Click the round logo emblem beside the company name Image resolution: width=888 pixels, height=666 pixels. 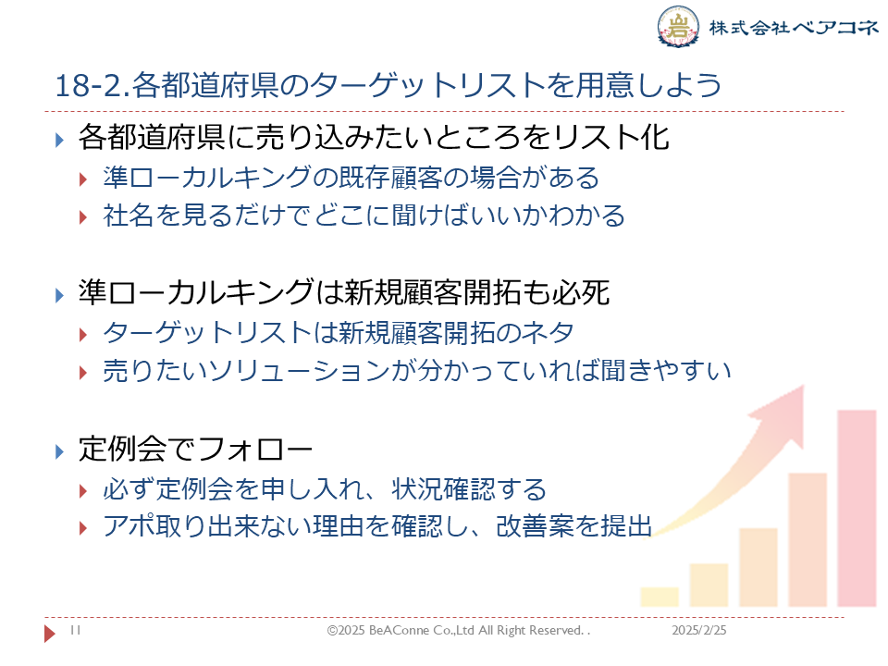678,26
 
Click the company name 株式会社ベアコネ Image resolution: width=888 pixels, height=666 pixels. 794,27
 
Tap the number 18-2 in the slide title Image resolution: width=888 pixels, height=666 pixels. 91,85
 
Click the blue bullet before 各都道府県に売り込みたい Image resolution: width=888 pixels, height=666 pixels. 59,140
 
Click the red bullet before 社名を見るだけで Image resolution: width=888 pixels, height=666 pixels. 83,216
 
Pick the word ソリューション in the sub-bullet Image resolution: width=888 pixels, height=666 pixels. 298,371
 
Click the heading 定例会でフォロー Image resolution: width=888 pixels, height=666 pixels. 195,450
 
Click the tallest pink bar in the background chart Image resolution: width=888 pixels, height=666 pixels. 857,509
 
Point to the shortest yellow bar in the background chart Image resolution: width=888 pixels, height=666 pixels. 660,597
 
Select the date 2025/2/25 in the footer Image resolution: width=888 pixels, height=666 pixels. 699,630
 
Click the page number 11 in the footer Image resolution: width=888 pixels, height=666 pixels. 75,630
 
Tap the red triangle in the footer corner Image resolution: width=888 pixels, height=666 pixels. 50,633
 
